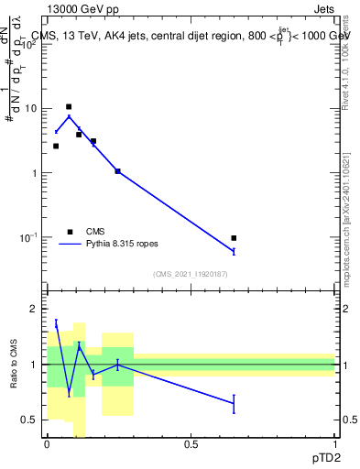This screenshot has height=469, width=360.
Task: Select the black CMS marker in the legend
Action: point(69,231)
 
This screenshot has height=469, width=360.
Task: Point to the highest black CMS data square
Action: point(69,107)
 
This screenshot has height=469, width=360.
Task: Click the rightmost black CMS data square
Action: point(234,238)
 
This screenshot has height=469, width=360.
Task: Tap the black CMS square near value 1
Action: point(117,171)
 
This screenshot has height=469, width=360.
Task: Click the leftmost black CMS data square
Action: point(56,146)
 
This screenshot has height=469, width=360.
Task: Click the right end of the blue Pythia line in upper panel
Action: point(234,251)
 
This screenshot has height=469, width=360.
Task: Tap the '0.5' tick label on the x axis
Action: point(191,444)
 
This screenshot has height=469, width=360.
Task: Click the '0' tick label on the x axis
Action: point(47,444)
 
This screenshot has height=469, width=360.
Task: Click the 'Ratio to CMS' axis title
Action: point(14,365)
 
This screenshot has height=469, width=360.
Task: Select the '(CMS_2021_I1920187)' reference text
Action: point(190,275)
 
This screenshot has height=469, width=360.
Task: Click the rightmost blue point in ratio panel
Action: point(234,403)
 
